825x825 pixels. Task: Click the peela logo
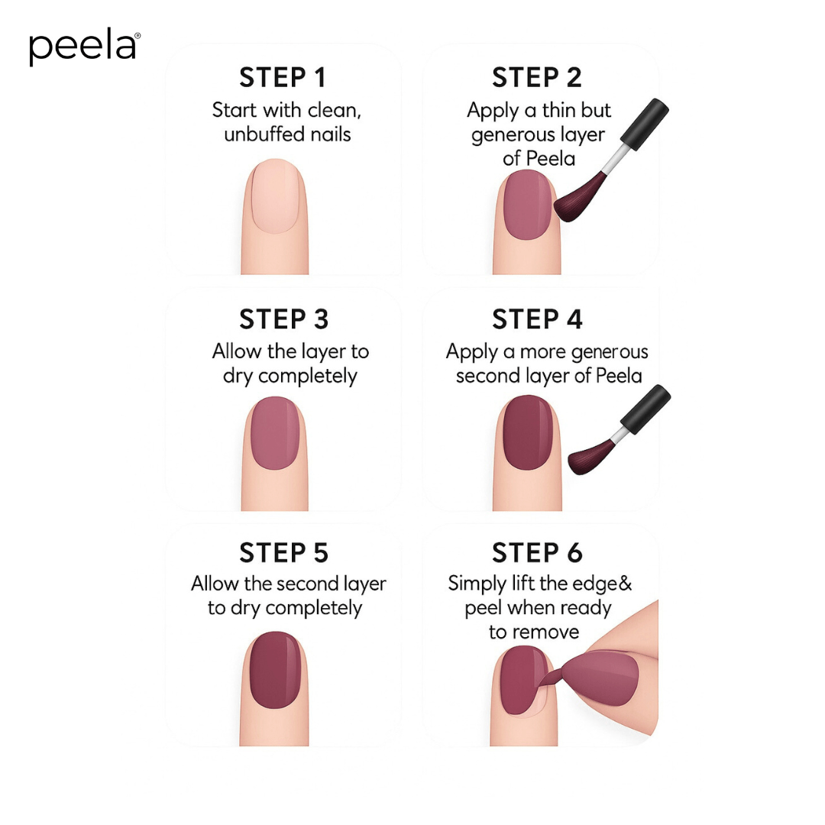tap(84, 48)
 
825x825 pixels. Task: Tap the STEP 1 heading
tap(283, 78)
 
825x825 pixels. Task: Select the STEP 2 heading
tap(536, 78)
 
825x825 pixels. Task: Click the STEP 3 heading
tap(283, 319)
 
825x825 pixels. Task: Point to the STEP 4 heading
tap(537, 319)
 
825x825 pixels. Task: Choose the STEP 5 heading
tap(283, 552)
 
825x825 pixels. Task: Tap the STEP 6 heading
tap(537, 552)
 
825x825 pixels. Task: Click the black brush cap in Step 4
tap(645, 409)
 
